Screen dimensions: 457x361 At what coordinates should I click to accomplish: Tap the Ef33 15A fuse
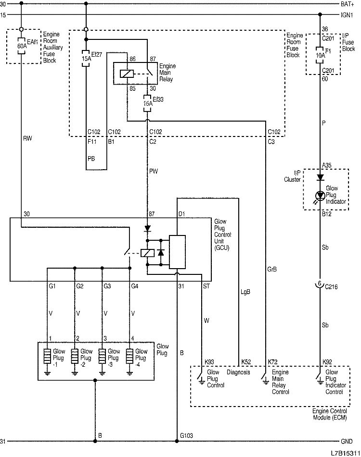(x=147, y=102)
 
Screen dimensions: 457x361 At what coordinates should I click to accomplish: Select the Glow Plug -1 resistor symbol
(x=47, y=357)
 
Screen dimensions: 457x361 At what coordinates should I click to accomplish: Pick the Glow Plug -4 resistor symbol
(x=129, y=357)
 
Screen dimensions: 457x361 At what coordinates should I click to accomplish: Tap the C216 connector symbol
(x=319, y=284)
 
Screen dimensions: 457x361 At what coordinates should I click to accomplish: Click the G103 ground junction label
(x=187, y=435)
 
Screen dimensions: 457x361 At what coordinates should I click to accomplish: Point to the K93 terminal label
(x=210, y=361)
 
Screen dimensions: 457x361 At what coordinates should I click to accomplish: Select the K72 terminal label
(x=273, y=361)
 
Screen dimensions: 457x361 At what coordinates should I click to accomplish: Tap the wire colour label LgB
(x=245, y=291)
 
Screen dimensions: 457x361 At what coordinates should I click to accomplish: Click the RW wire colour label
(x=27, y=139)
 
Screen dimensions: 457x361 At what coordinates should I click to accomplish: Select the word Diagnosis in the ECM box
(x=238, y=372)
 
